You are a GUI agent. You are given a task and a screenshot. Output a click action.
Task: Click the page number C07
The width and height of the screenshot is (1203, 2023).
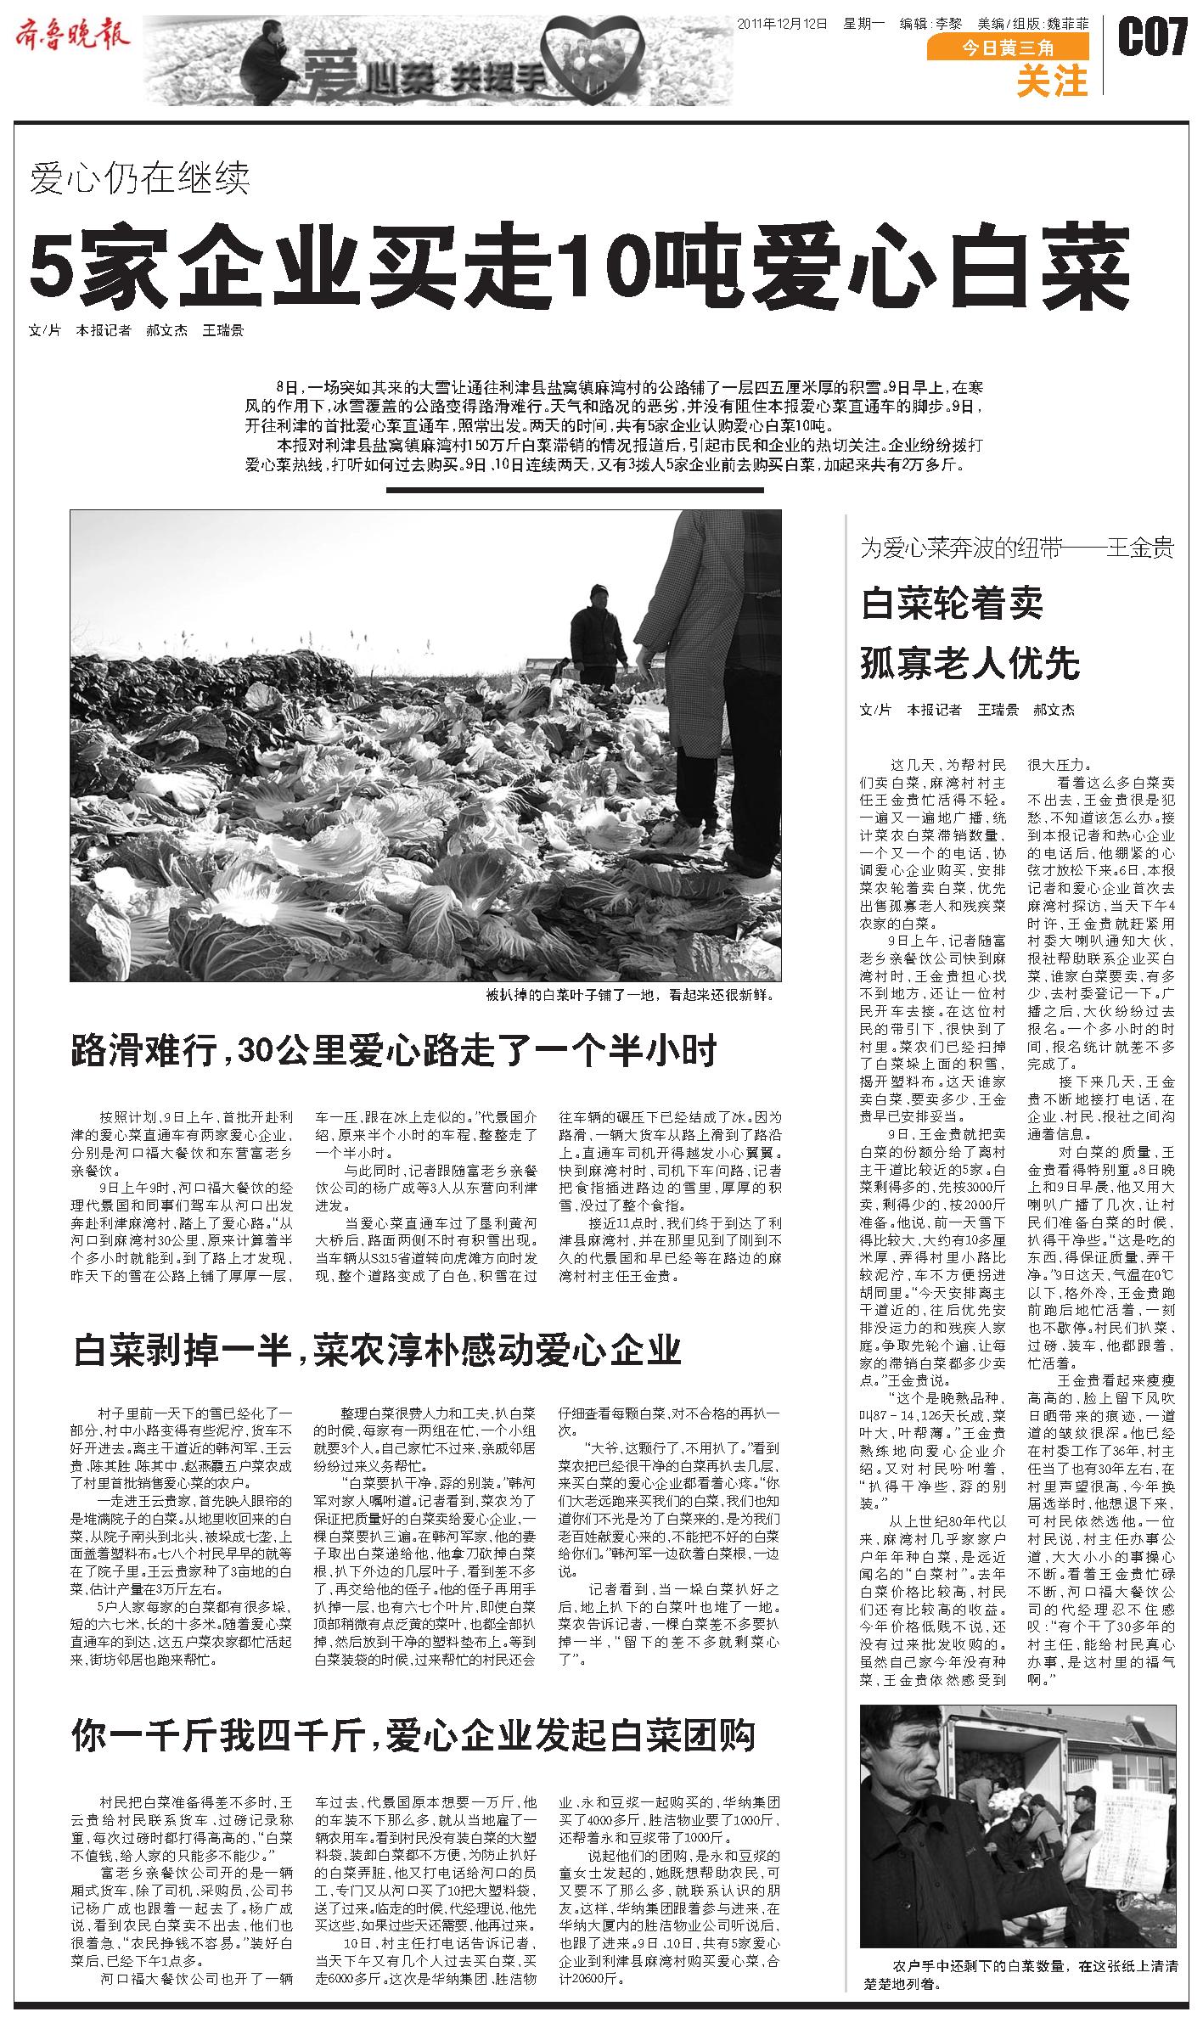[x=1152, y=39]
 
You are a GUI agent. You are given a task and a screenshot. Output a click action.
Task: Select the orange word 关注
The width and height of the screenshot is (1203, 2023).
[x=1052, y=81]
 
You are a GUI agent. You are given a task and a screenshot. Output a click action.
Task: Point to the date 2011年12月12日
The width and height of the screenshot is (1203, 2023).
[x=782, y=23]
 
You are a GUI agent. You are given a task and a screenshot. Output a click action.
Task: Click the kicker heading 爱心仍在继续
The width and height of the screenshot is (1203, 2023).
[x=141, y=179]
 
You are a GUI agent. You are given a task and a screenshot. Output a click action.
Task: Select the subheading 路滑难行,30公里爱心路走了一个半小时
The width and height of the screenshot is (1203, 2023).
[x=395, y=1051]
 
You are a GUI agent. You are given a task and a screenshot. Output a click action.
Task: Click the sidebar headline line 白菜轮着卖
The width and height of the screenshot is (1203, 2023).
[x=952, y=604]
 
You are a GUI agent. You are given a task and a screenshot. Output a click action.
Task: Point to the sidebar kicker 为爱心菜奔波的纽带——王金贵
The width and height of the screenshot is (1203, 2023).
[x=1017, y=548]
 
